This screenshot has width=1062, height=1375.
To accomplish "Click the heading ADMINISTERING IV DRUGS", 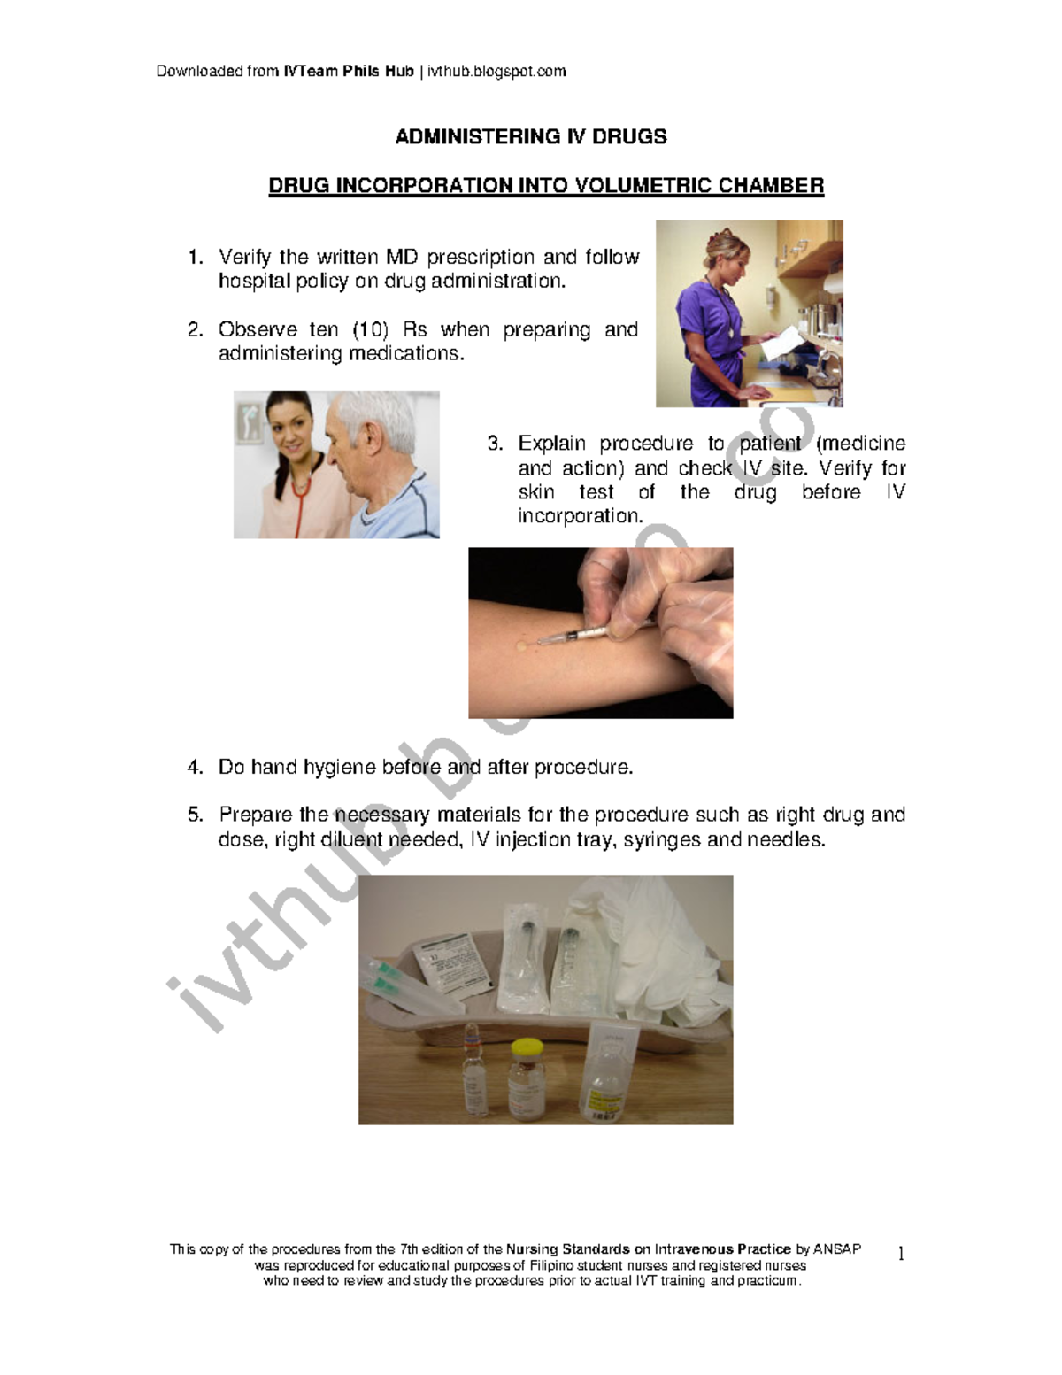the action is click(531, 136).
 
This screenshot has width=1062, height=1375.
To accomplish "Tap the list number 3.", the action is click(496, 443).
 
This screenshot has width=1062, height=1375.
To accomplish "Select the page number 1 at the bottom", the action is click(901, 1254).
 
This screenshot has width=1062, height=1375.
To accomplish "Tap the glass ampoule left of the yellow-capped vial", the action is click(475, 1070).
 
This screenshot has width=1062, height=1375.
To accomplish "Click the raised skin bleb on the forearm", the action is click(522, 645).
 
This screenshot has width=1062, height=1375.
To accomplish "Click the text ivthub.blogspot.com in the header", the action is click(496, 71).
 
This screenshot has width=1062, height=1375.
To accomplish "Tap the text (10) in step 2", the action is click(370, 329).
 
